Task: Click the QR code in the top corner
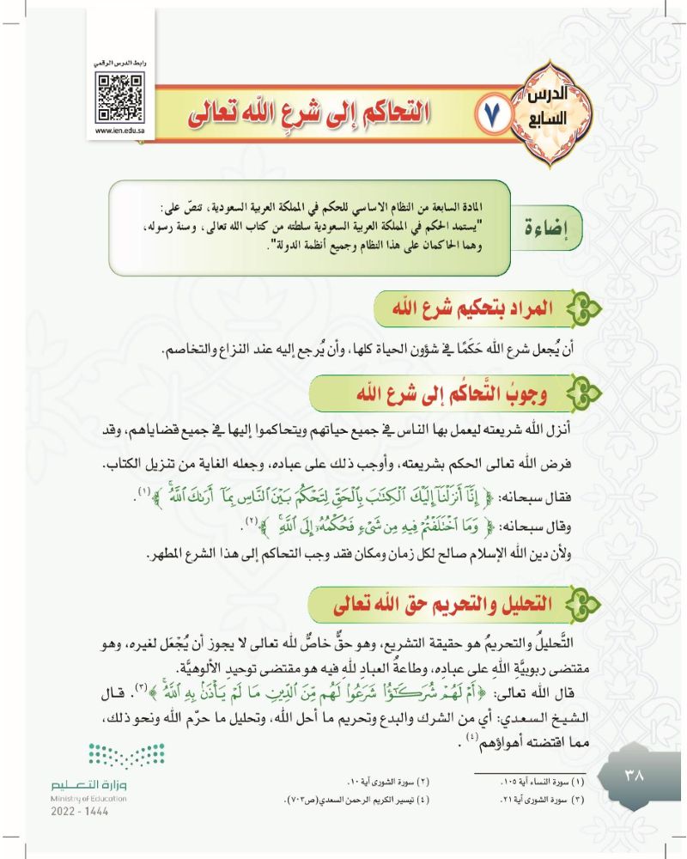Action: pos(119,95)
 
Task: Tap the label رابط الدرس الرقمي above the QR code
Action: pos(119,65)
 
